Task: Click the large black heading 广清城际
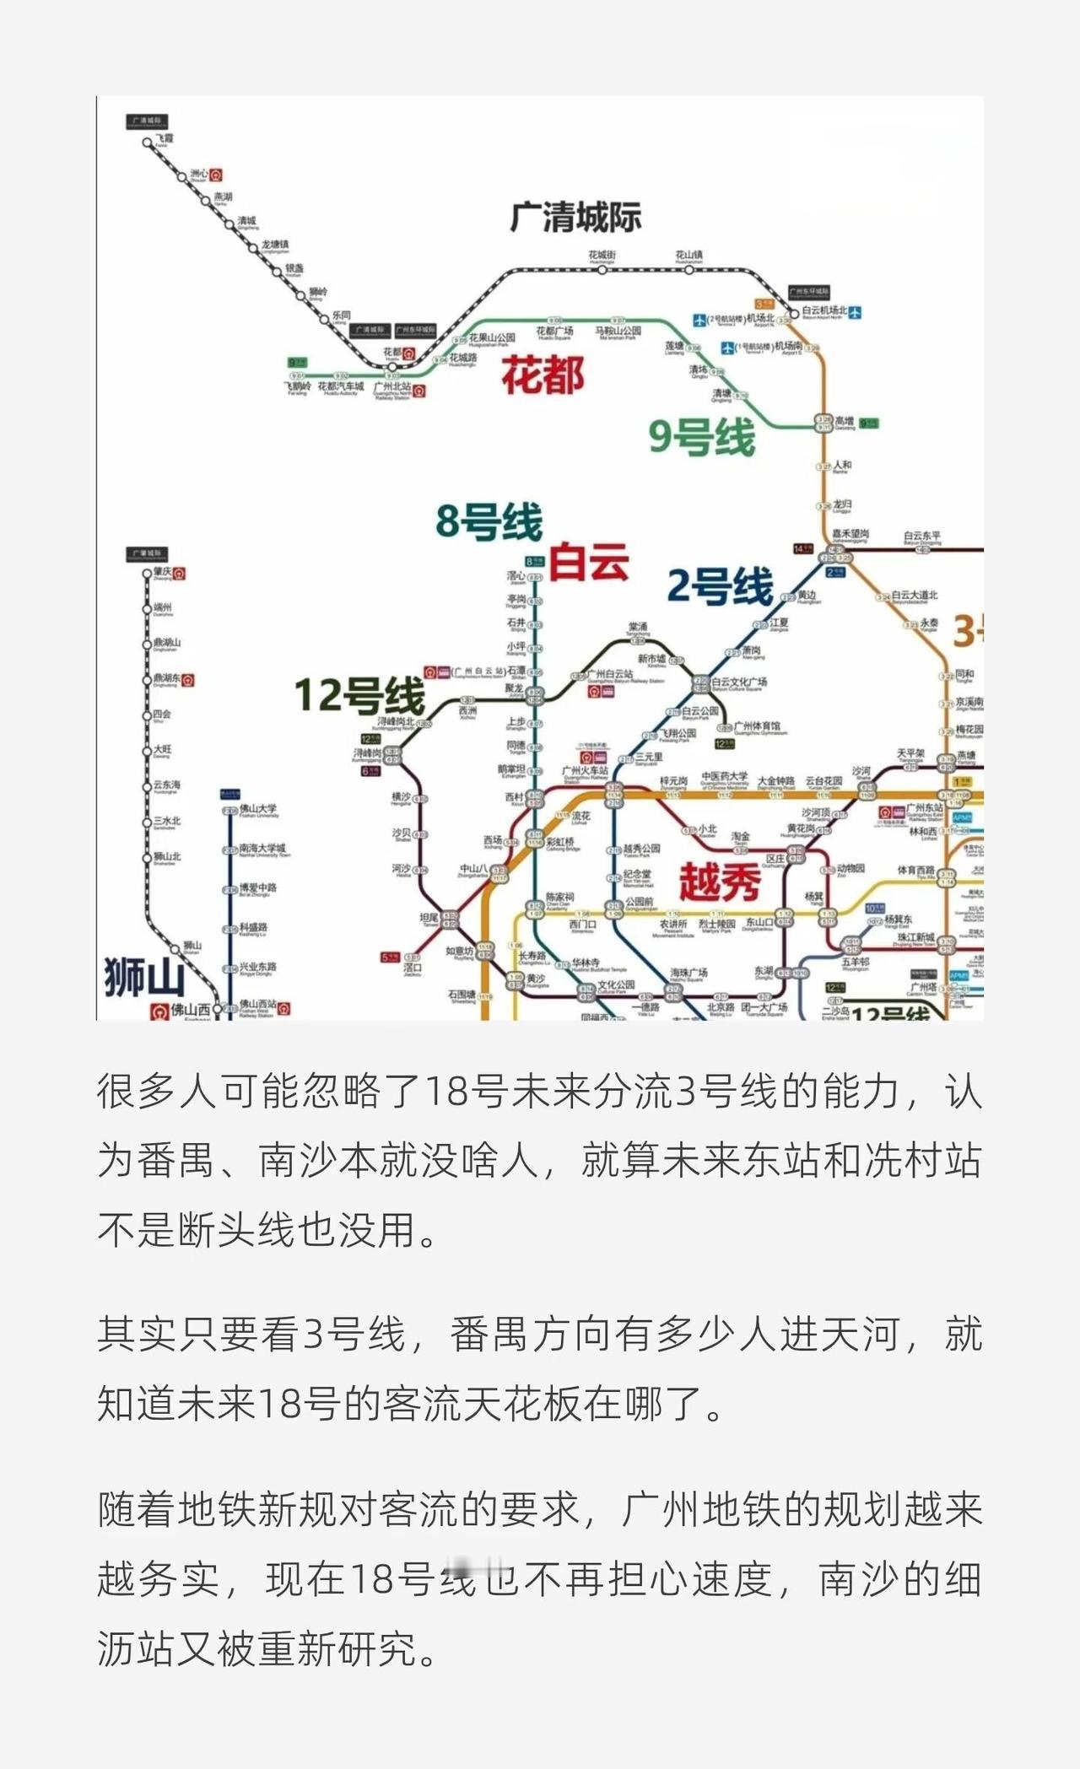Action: (575, 217)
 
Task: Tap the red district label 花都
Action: (543, 375)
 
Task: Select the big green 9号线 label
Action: (702, 437)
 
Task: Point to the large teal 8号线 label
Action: (489, 521)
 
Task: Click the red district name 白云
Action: (589, 561)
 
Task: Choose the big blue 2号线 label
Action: (720, 585)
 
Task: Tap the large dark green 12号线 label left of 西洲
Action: (359, 695)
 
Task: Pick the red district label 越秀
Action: (720, 882)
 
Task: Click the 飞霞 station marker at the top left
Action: (148, 143)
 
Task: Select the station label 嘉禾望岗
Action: (850, 535)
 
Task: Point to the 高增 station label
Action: (844, 421)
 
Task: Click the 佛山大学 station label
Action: (257, 808)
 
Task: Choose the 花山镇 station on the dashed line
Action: (688, 256)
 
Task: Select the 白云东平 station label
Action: (921, 537)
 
